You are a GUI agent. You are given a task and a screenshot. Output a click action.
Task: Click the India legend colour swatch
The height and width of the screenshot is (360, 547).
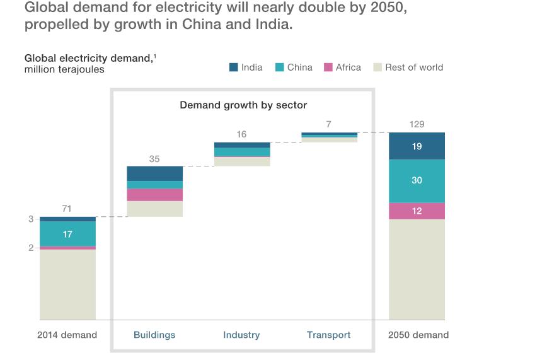(x=233, y=67)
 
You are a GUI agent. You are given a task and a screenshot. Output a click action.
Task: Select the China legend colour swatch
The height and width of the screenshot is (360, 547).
(x=279, y=67)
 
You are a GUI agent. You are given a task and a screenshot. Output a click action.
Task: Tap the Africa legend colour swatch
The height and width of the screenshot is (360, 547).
(x=328, y=67)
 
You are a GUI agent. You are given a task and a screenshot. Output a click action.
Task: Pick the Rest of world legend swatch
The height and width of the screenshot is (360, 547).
(x=377, y=67)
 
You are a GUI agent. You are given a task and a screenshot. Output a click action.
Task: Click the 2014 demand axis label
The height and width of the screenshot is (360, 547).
(x=67, y=335)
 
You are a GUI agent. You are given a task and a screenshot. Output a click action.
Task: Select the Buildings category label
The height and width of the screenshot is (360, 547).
(x=154, y=335)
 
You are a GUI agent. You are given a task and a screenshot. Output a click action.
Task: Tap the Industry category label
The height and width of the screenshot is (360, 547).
(x=241, y=335)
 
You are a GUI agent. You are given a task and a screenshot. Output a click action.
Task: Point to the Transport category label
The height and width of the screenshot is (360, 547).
(x=328, y=335)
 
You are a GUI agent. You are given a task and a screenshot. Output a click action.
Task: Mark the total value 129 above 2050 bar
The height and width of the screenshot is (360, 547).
(x=417, y=124)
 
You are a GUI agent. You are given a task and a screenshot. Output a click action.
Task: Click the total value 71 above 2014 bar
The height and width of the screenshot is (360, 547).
(x=67, y=209)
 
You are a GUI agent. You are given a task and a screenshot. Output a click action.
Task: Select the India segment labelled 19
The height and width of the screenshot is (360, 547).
(x=417, y=146)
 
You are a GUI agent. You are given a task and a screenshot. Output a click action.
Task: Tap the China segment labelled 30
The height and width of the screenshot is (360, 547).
(x=417, y=180)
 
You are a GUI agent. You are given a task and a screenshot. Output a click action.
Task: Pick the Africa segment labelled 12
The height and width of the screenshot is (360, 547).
(x=417, y=211)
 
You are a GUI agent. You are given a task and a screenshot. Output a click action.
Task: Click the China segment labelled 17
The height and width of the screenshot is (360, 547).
(x=67, y=234)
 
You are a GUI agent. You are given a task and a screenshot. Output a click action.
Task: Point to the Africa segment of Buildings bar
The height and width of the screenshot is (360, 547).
(x=154, y=195)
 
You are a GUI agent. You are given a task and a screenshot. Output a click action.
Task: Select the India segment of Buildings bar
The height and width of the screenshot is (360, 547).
(x=154, y=173)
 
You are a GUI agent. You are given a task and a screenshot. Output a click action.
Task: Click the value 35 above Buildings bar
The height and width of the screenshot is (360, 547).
(x=154, y=159)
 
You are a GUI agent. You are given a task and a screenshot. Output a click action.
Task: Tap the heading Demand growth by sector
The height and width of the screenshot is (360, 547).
(x=243, y=105)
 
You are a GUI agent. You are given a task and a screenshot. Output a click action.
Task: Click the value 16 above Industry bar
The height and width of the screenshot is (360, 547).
(x=241, y=134)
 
